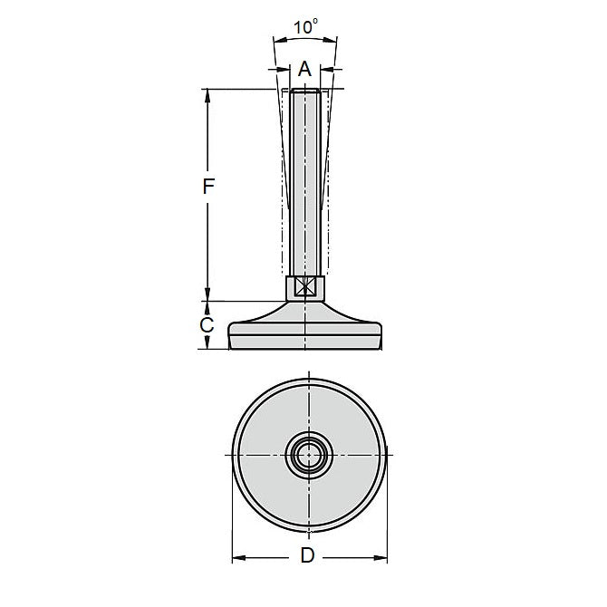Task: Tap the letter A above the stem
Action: click(304, 69)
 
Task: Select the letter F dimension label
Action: click(207, 188)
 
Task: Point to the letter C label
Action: click(207, 324)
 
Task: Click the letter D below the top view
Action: click(307, 556)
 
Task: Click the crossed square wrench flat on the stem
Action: click(305, 287)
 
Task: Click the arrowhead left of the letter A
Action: click(282, 69)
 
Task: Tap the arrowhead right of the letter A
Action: click(327, 69)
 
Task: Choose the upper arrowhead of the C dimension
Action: click(207, 307)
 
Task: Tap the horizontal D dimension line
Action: click(272, 555)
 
